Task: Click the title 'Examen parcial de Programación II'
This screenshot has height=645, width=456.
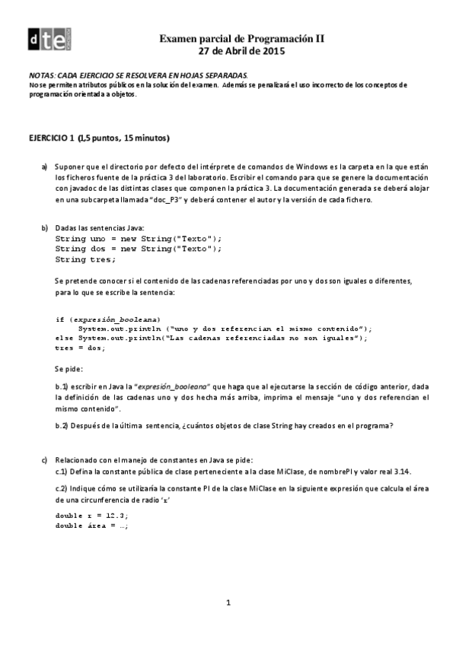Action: [x=241, y=38]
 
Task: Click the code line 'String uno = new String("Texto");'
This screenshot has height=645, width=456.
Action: [x=139, y=238]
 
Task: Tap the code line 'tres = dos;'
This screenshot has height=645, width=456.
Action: [x=80, y=348]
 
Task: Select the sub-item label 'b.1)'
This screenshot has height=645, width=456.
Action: [x=62, y=386]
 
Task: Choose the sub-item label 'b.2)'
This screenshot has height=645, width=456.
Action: [x=62, y=426]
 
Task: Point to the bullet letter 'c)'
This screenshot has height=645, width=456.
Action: [x=45, y=459]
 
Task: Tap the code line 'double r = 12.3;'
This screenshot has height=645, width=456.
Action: [x=91, y=515]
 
